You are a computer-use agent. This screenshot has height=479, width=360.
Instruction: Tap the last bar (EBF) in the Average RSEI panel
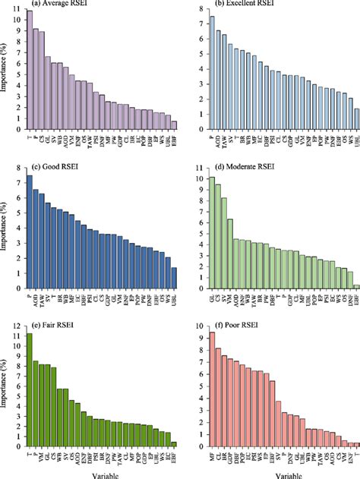tap(173, 125)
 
